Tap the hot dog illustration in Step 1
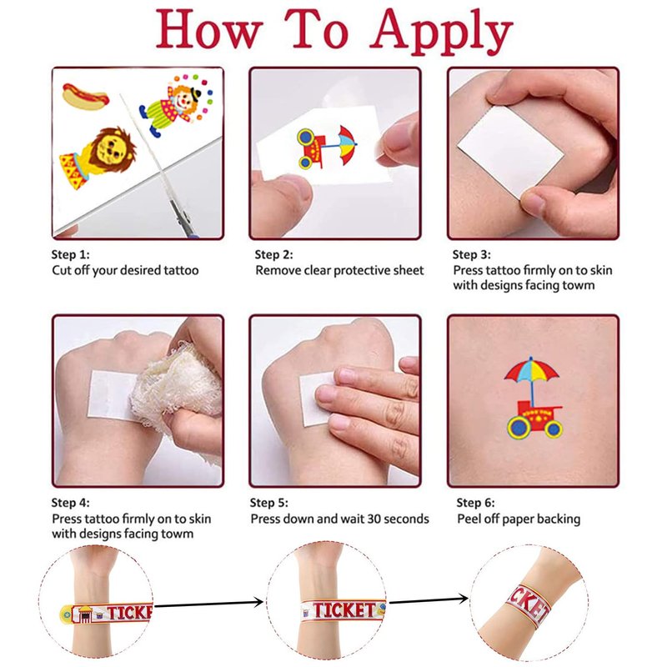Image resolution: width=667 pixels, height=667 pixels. tap(86, 96)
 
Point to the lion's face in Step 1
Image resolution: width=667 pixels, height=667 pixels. tap(109, 149)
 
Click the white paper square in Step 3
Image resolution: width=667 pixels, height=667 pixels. tap(510, 152)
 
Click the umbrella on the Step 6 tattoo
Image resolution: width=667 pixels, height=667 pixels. tap(531, 371)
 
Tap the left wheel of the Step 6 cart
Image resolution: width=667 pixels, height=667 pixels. tap(519, 427)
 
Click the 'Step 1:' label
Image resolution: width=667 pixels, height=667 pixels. tap(71, 255)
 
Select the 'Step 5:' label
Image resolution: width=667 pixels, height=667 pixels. tap(268, 503)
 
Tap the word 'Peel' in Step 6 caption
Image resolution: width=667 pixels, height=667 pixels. tap(469, 519)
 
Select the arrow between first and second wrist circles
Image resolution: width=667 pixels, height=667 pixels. tap(208, 603)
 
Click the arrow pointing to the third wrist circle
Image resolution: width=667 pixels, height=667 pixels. tap(428, 600)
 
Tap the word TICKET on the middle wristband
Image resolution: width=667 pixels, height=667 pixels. tap(344, 610)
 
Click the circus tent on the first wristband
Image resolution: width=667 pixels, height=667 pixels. tap(84, 614)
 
